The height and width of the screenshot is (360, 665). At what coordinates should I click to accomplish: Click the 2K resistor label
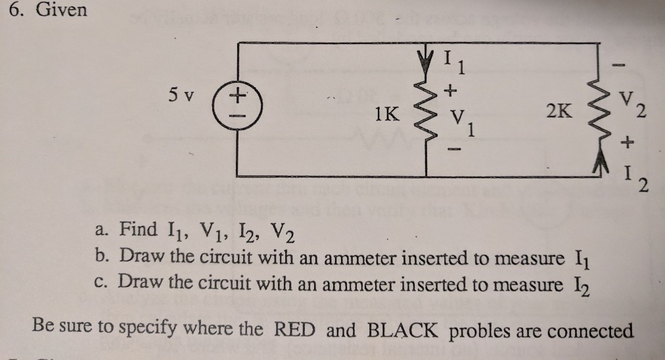(x=561, y=112)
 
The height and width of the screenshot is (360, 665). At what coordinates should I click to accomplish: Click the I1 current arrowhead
(x=430, y=53)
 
